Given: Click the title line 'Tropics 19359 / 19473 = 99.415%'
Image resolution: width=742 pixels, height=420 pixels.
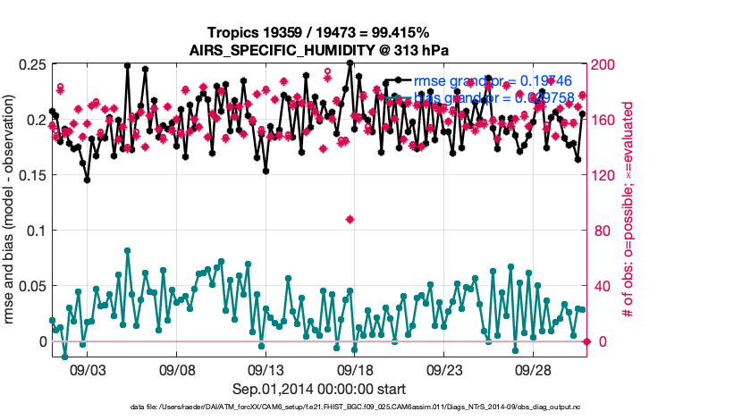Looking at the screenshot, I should pyautogui.click(x=319, y=32).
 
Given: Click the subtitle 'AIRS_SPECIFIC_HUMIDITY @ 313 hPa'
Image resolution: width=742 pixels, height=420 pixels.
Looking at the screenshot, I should pyautogui.click(x=319, y=49).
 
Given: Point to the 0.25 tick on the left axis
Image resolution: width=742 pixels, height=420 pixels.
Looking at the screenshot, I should pyautogui.click(x=32, y=65).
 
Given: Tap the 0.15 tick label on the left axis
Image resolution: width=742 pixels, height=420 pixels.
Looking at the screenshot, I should pyautogui.click(x=32, y=176).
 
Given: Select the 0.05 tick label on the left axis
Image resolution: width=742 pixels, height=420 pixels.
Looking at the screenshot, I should pyautogui.click(x=32, y=287).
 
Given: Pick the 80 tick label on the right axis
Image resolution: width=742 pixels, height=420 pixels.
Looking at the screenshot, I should pyautogui.click(x=603, y=231).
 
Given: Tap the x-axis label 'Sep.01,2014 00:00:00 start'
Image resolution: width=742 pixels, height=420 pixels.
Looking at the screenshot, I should pyautogui.click(x=319, y=389).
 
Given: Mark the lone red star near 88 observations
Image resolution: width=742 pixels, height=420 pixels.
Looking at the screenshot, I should pyautogui.click(x=350, y=219).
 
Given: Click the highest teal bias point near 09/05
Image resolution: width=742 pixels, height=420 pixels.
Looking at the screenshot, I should pyautogui.click(x=128, y=251).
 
